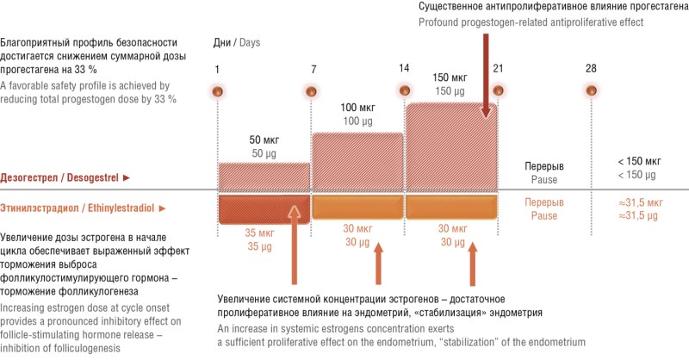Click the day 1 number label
(217, 69)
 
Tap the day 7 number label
(312, 69)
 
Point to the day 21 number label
(498, 69)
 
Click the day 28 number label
(590, 69)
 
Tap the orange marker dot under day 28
(590, 90)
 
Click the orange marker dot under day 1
(217, 90)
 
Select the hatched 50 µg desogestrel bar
(264, 176)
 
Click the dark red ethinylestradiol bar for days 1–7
(258, 208)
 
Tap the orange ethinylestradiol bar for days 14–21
(450, 208)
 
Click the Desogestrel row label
(65, 177)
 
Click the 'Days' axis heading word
(250, 42)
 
